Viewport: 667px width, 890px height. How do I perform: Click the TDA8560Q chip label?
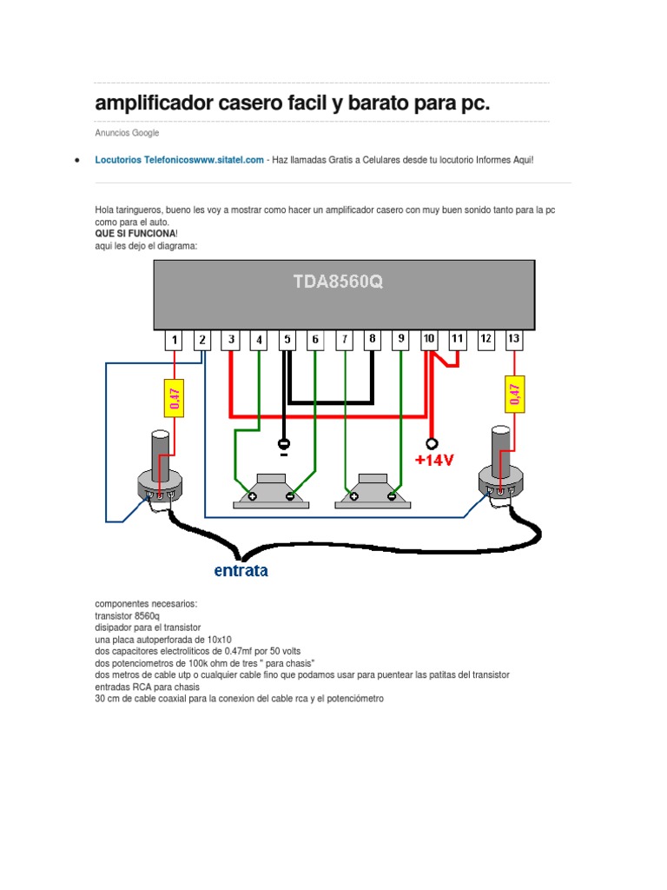336,282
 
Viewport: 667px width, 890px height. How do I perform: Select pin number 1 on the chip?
175,340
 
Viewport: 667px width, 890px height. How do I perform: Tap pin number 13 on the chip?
513,340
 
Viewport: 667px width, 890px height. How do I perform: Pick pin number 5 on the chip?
287,340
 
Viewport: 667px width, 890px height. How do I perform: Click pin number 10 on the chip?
429,340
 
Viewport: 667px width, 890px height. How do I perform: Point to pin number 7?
344,340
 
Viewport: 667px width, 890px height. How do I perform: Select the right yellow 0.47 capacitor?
513,395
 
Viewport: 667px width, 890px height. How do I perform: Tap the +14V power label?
434,461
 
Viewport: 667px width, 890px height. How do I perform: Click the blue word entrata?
241,571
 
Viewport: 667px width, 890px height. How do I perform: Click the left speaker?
271,491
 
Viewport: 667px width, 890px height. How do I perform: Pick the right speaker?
373,491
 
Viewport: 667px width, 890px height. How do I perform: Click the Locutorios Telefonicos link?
179,160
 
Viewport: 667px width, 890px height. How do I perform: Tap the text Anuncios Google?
127,133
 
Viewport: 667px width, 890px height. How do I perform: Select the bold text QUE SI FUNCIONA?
135,234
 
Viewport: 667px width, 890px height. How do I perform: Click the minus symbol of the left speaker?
290,497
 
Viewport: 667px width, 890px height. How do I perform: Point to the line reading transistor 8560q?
127,614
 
